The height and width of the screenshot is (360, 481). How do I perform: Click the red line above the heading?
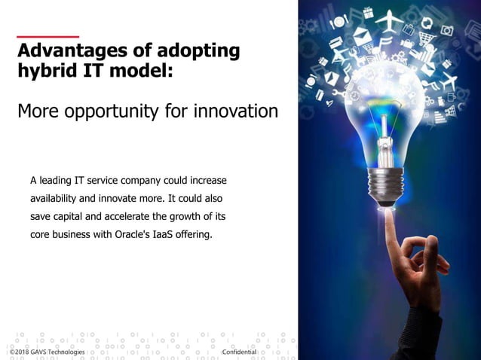pyautogui.click(x=47, y=35)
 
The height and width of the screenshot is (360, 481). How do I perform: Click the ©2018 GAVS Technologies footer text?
pyautogui.click(x=42, y=352)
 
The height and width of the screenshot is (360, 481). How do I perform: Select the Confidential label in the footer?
pyautogui.click(x=240, y=352)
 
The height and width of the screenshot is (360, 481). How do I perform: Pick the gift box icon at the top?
pyautogui.click(x=367, y=12)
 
